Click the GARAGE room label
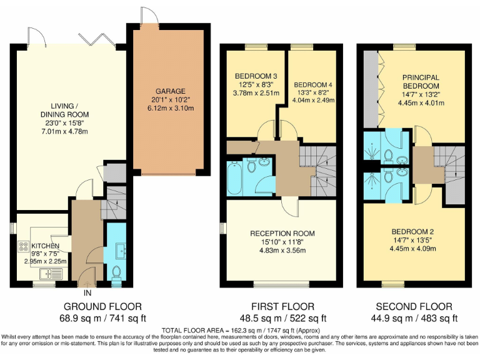pos(171,91)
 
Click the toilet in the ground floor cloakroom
pos(116,273)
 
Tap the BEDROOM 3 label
pos(252,76)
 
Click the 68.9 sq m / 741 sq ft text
pos(102,319)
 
